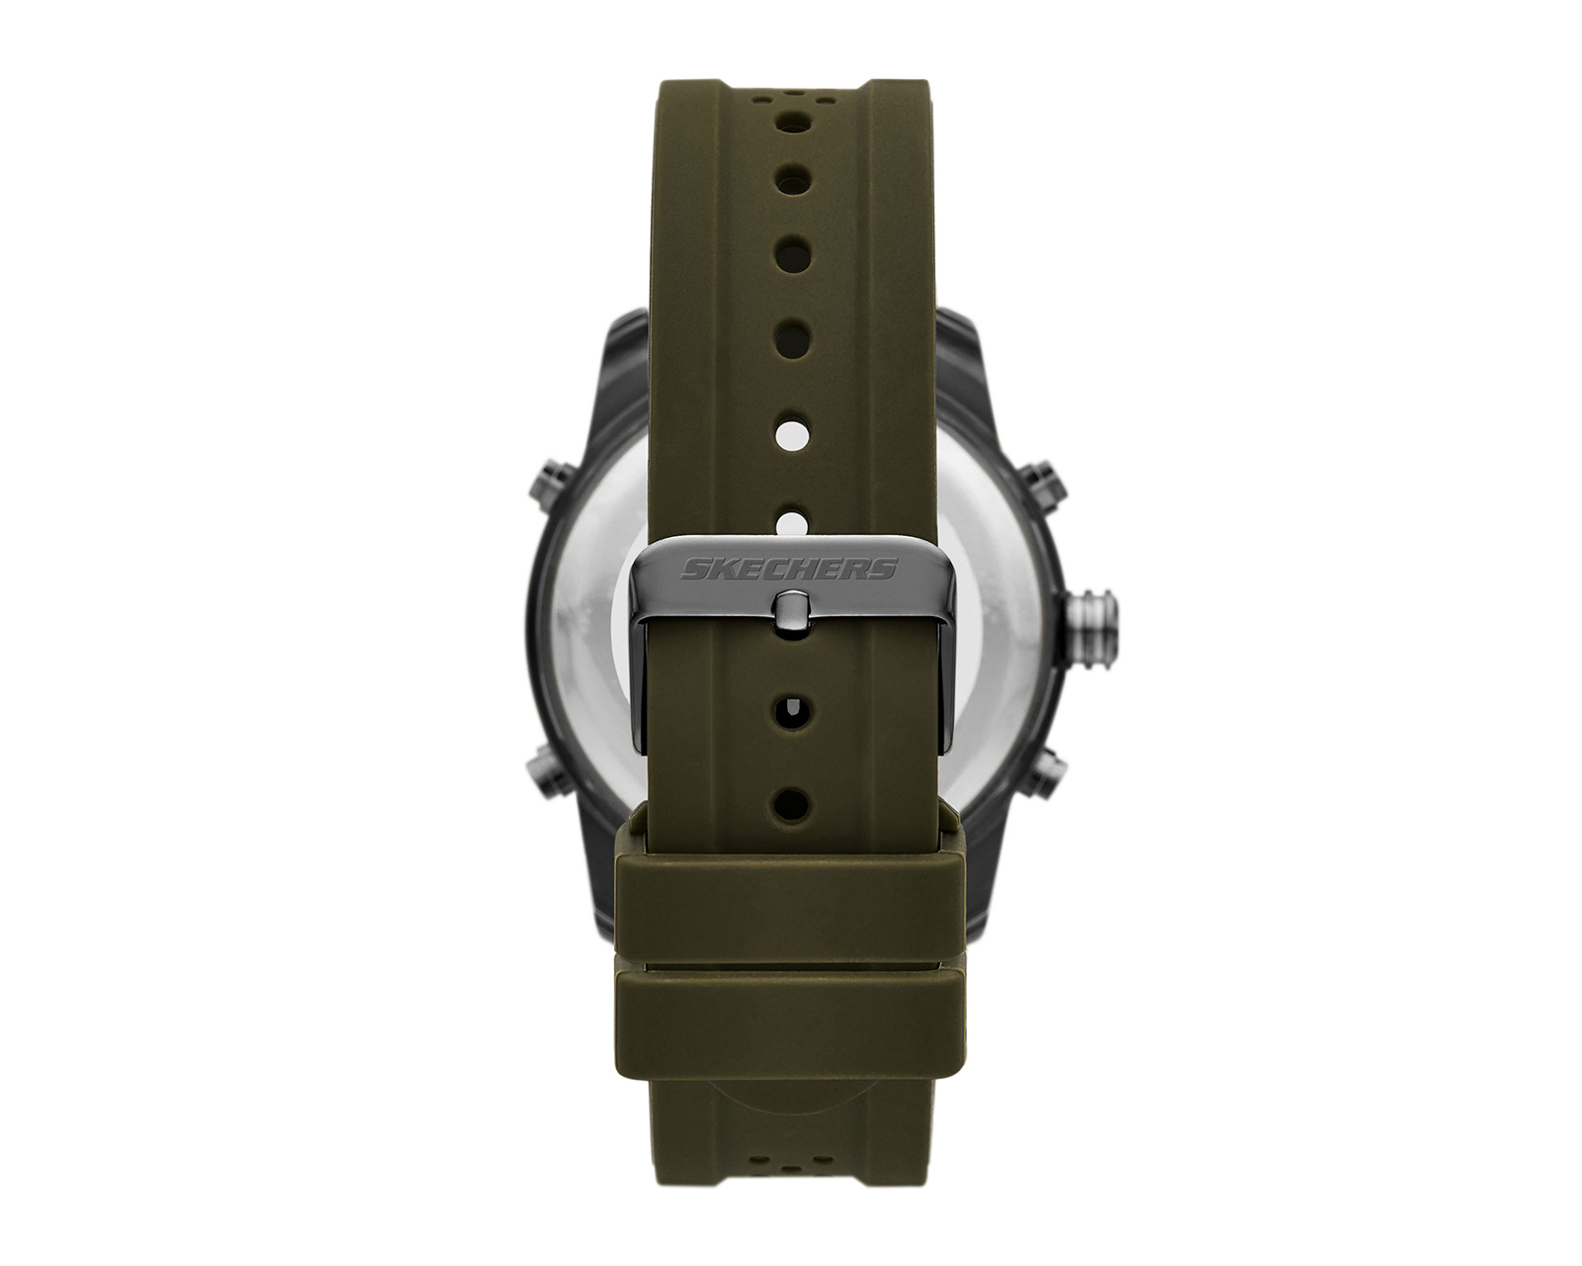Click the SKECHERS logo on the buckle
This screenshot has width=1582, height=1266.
tap(790, 568)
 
